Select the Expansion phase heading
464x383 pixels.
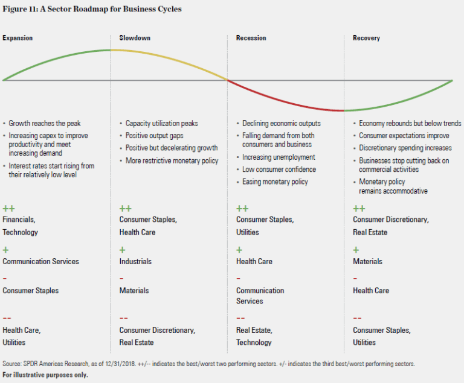[18, 38]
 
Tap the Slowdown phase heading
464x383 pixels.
[135, 38]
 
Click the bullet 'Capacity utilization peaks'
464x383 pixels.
[161, 123]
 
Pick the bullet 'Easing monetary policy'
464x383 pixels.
[275, 182]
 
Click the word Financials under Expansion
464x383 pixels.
[19, 220]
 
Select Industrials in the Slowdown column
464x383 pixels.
[135, 261]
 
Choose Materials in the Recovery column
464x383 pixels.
[367, 261]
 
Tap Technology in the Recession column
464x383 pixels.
[254, 342]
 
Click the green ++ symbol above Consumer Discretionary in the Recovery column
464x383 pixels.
[359, 208]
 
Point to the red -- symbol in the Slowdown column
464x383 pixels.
[123, 318]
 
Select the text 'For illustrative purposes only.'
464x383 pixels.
[45, 375]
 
